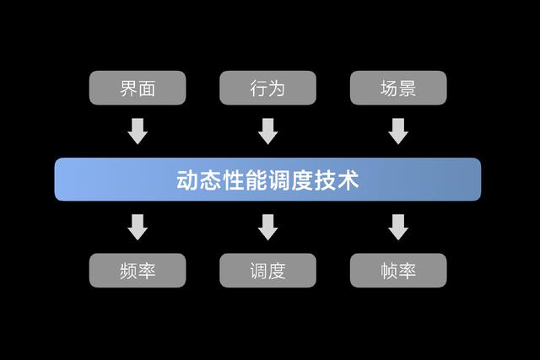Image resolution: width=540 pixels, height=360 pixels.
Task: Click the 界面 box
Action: [138, 88]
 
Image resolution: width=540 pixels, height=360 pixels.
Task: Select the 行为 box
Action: [267, 88]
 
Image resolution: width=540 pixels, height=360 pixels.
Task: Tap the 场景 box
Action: [398, 88]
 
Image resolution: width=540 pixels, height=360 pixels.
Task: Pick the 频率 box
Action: [138, 271]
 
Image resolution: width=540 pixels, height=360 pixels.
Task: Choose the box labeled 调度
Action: [267, 271]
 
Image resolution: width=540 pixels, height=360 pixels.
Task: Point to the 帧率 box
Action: [398, 271]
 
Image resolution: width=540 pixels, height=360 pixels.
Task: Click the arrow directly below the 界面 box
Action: [138, 131]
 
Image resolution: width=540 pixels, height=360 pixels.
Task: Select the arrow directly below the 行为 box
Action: [267, 131]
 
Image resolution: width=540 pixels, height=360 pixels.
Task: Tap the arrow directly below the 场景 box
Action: [398, 131]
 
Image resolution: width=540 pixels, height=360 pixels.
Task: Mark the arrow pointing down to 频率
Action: [138, 226]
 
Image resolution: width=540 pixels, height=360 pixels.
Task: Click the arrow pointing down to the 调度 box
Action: [267, 226]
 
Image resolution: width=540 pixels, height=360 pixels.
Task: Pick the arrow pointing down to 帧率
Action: [398, 226]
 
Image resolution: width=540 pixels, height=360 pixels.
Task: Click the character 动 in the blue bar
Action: [187, 180]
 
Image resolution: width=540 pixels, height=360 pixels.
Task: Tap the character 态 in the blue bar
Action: [211, 180]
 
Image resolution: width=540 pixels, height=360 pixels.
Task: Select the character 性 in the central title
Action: [234, 180]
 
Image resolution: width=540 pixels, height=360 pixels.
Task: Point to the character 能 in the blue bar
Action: [256, 180]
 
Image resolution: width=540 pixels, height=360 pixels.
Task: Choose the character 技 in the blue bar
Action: [325, 180]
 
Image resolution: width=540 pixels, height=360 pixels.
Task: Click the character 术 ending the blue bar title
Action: [348, 180]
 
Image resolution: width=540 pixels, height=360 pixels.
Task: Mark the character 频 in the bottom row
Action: [127, 271]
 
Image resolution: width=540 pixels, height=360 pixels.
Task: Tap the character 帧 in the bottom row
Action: [388, 271]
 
